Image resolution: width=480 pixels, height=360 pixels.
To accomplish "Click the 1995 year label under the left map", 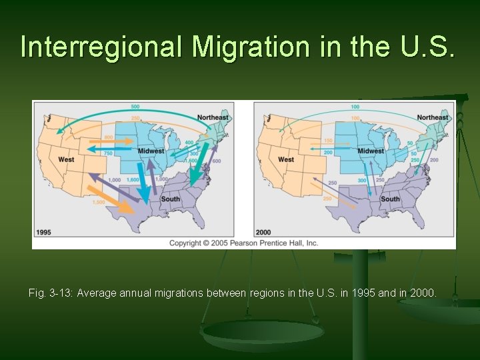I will (x=44, y=233).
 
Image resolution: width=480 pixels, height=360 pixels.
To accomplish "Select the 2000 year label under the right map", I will (x=264, y=233).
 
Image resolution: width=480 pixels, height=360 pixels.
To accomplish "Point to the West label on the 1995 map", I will (x=66, y=160).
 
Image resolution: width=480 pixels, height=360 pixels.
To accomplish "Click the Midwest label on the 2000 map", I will (x=371, y=151).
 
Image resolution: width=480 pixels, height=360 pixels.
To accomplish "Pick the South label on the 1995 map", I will (x=170, y=199).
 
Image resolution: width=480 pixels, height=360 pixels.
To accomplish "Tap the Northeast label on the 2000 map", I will (x=433, y=118).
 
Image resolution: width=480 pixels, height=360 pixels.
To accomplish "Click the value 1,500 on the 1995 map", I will (x=99, y=202).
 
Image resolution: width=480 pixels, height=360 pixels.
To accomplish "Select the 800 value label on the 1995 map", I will (x=109, y=138).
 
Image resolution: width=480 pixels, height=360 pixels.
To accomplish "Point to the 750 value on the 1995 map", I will (x=108, y=153).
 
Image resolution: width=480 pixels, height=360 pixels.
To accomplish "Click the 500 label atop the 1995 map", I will (x=135, y=107).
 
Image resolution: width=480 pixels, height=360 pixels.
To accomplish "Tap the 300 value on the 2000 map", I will (x=362, y=181).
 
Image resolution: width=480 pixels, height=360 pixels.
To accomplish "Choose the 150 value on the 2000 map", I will (x=327, y=141).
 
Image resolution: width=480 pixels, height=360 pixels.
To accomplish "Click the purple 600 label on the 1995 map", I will (x=216, y=161).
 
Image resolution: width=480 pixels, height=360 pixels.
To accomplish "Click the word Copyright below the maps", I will (x=189, y=243).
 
